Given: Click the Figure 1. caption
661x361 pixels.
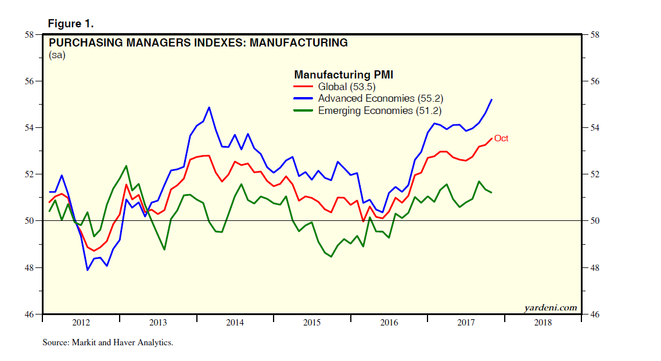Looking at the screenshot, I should click(x=70, y=24).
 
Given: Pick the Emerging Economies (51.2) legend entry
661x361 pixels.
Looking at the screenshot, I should click(x=380, y=110).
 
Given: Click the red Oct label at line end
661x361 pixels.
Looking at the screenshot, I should click(x=501, y=138).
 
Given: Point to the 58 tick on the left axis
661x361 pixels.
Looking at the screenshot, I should click(x=27, y=34).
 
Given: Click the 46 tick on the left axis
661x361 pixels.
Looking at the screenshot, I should click(x=27, y=314).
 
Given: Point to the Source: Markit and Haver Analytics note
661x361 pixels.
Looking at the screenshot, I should click(x=108, y=343).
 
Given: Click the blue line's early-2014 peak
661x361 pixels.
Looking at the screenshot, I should click(x=209, y=107).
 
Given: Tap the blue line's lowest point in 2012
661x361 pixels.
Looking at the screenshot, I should click(x=88, y=270).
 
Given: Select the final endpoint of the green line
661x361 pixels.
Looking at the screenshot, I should click(x=492, y=192).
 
